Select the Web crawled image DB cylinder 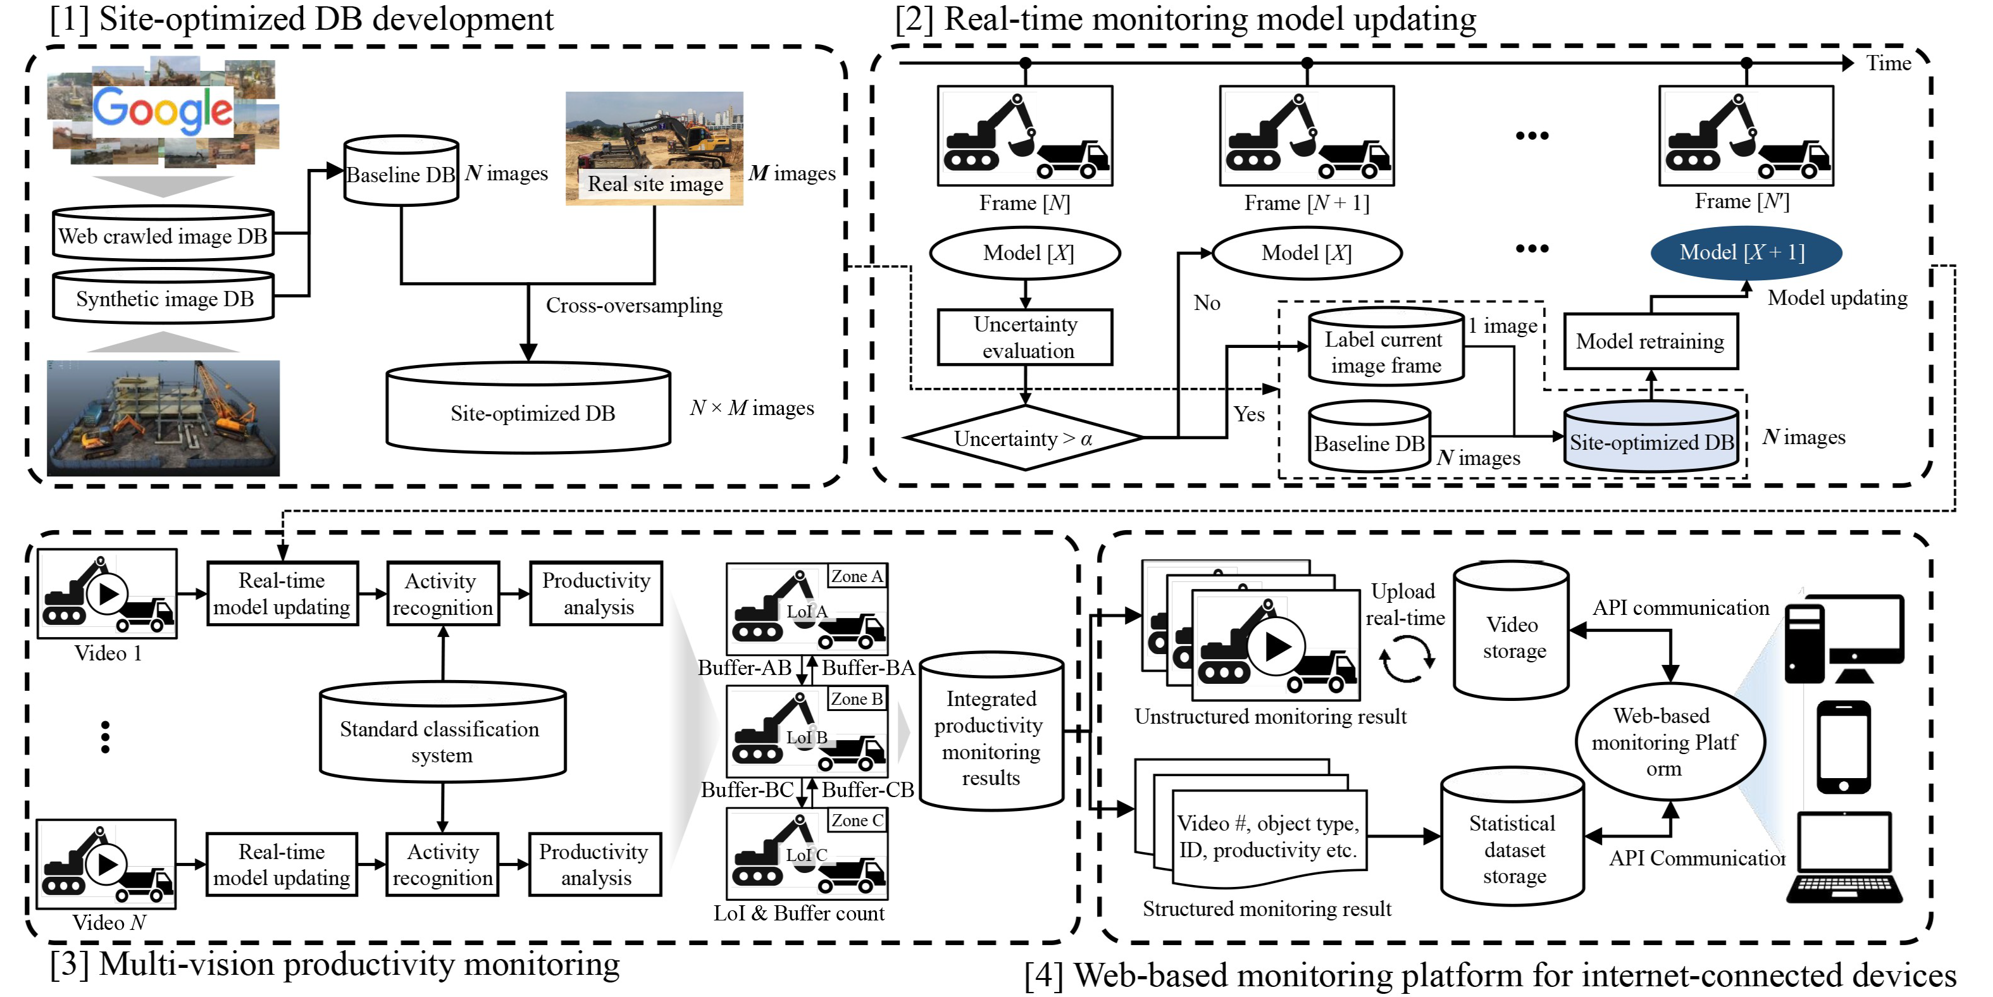[x=163, y=234]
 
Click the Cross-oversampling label [x=633, y=306]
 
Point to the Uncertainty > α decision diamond [x=1024, y=438]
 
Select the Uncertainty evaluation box [x=1025, y=337]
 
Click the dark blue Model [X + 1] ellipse [x=1746, y=252]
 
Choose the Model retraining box [x=1650, y=341]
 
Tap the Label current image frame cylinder [x=1385, y=350]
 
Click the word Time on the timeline [x=1888, y=63]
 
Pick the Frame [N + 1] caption [x=1306, y=202]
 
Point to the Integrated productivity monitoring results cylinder [x=991, y=735]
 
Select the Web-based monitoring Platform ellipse [x=1670, y=741]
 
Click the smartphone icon [x=1843, y=747]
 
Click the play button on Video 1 [x=107, y=594]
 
